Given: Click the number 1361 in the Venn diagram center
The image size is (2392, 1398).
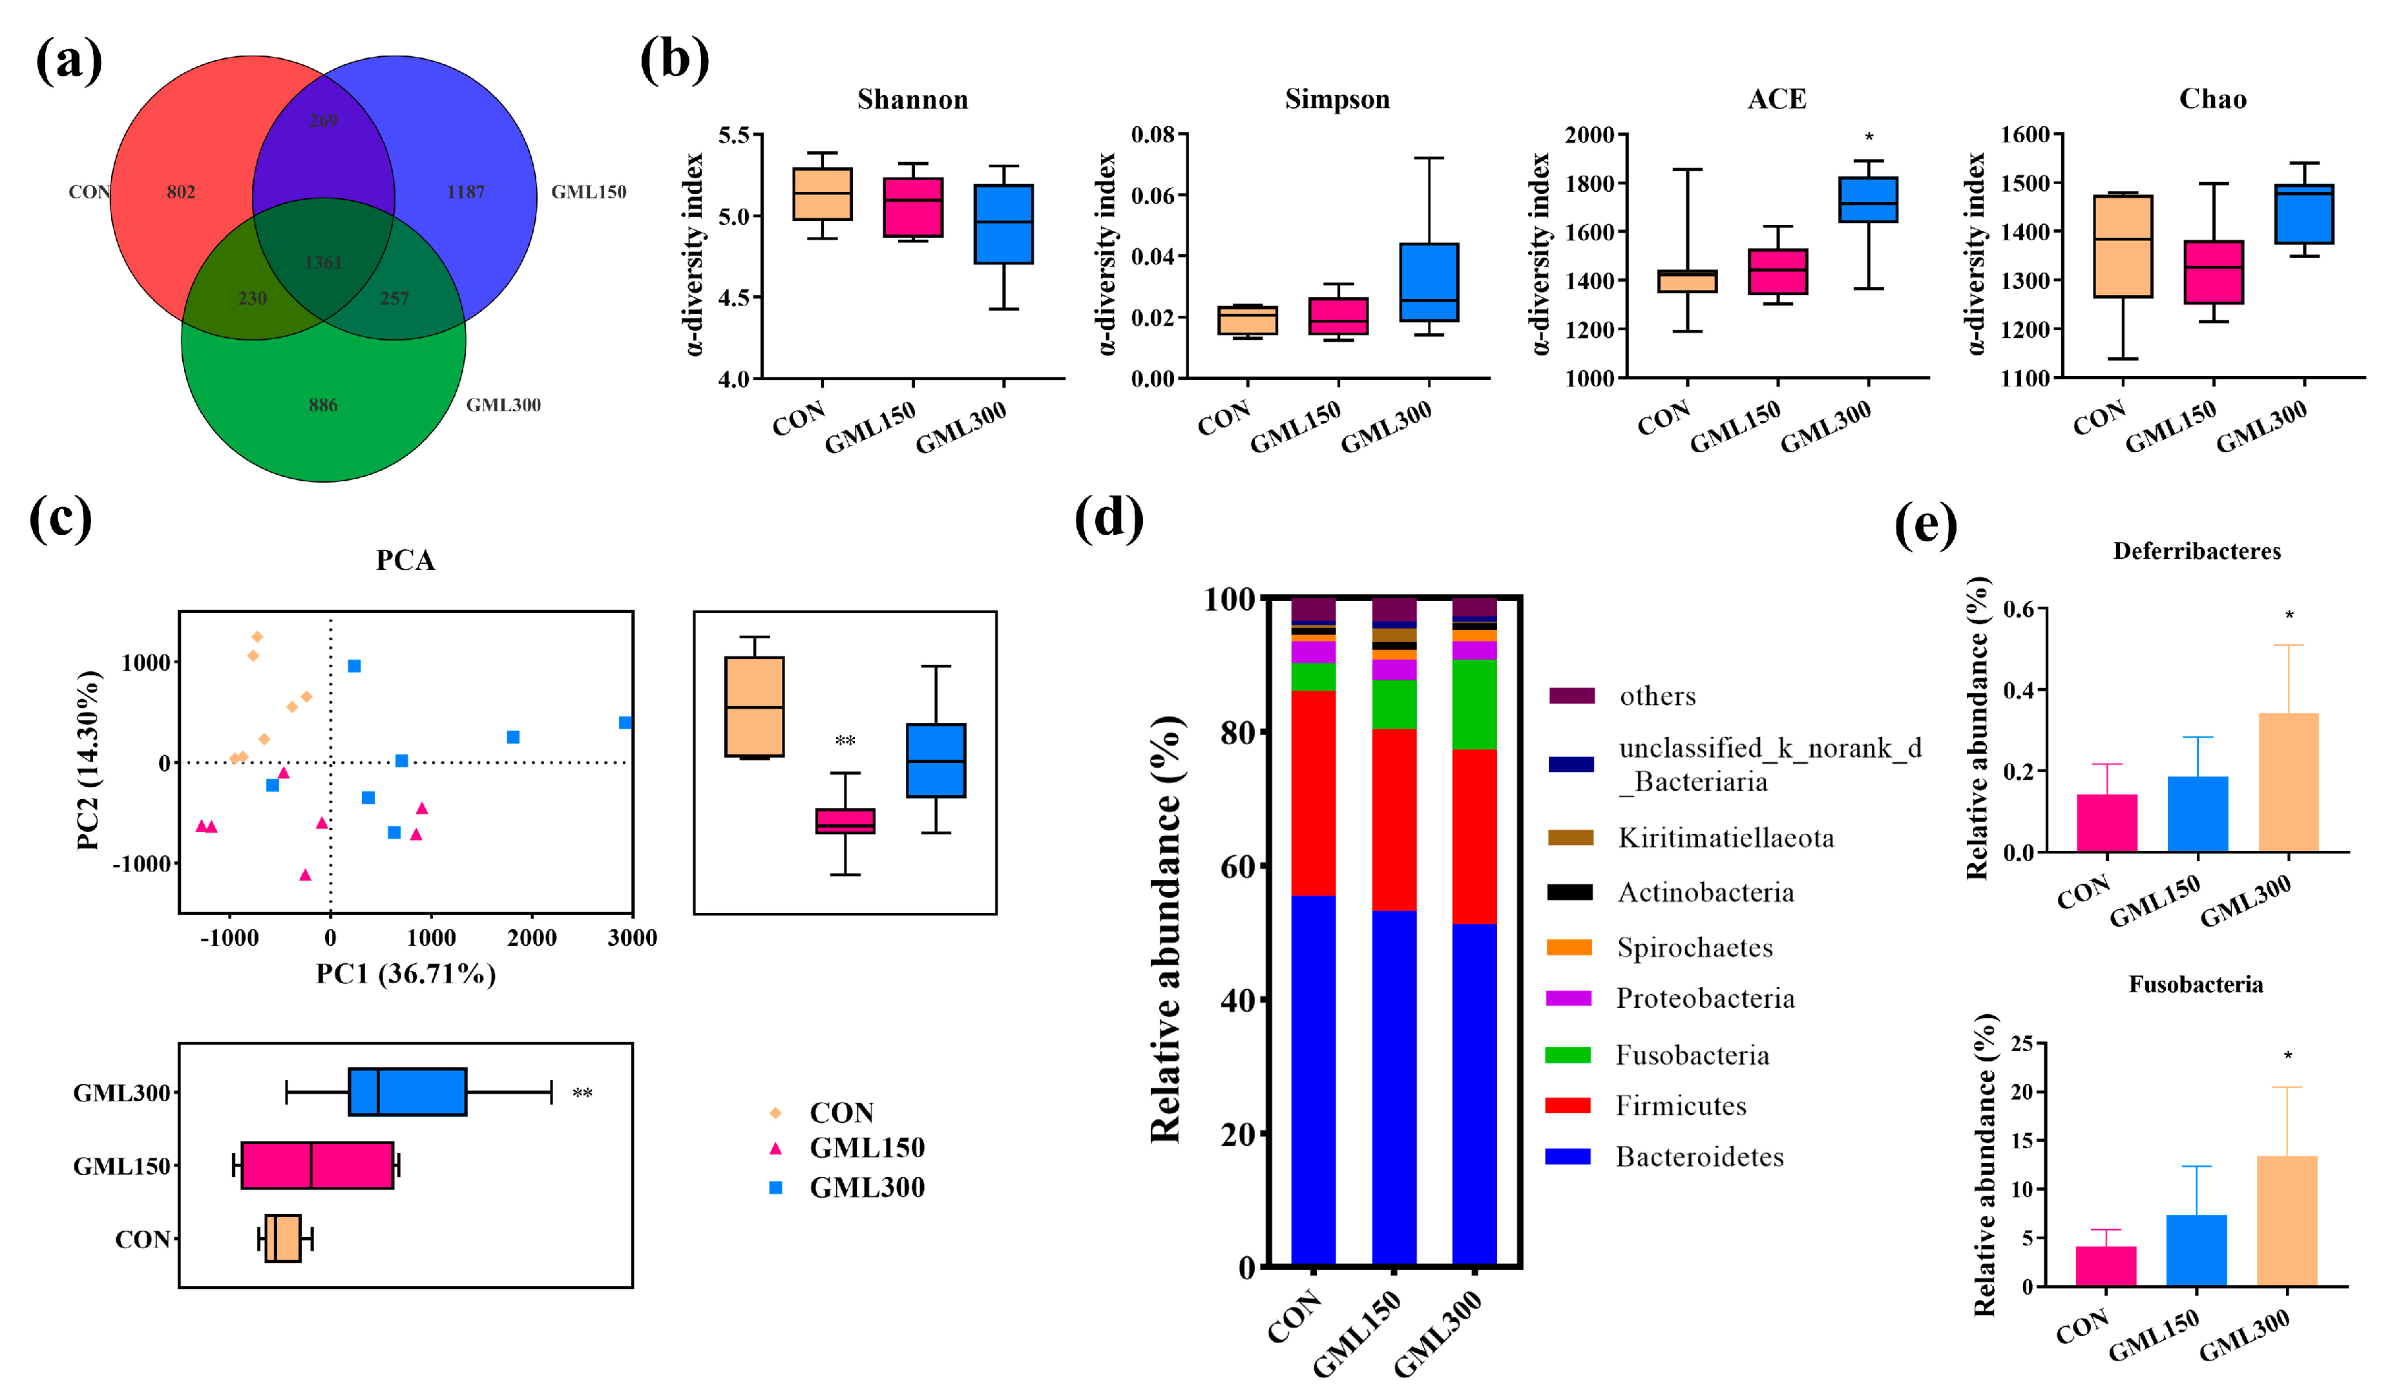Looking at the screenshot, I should tap(322, 262).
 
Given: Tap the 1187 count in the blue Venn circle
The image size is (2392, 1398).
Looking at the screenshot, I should tap(465, 192).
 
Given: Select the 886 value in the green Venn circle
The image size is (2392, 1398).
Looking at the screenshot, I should tap(322, 405).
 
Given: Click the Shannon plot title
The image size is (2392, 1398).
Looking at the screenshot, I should tap(912, 99).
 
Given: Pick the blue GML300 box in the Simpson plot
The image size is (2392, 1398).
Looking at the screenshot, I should tap(1429, 282).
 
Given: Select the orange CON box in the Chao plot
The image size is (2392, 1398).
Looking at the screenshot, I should tap(2123, 247).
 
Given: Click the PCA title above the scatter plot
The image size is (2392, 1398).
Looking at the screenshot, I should tap(405, 560).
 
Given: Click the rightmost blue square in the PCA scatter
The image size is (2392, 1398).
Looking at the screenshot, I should tap(625, 723).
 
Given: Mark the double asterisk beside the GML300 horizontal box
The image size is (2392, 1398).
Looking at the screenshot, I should tap(582, 1093).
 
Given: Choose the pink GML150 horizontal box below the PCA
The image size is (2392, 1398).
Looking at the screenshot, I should tap(317, 1165).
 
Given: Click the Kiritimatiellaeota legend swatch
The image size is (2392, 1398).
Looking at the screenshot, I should tap(1570, 838).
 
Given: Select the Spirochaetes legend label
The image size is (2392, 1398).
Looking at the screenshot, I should tap(1694, 947).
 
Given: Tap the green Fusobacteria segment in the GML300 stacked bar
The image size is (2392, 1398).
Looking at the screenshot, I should tap(1474, 704).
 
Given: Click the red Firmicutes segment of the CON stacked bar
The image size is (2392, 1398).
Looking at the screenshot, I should tap(1313, 793).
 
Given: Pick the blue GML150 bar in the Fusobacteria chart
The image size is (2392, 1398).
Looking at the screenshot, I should tap(2196, 1250).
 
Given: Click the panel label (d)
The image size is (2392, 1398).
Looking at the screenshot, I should tap(1107, 520).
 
